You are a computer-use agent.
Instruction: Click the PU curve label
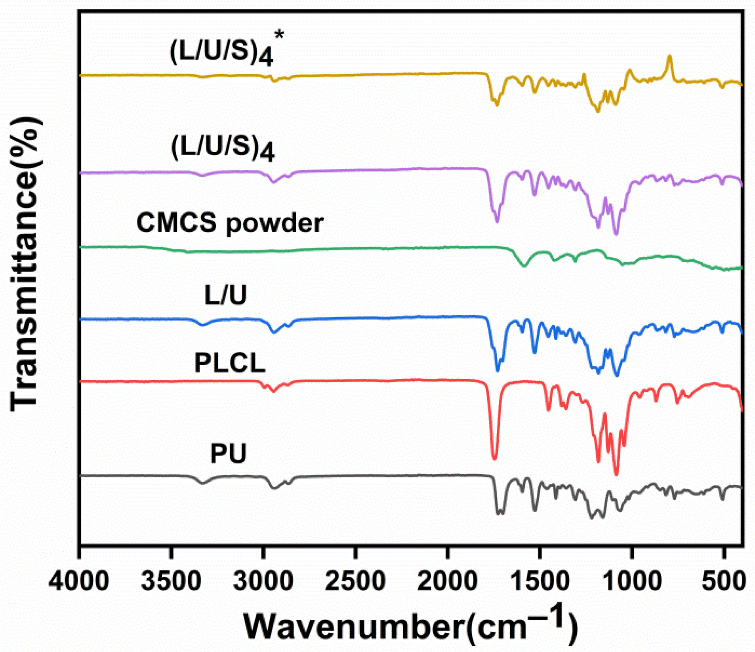228,453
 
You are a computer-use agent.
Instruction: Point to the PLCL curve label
230,363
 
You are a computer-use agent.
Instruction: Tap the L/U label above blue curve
226,295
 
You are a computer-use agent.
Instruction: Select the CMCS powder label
230,223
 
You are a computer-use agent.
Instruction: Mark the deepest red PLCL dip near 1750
494,458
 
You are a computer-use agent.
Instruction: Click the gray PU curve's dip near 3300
203,483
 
